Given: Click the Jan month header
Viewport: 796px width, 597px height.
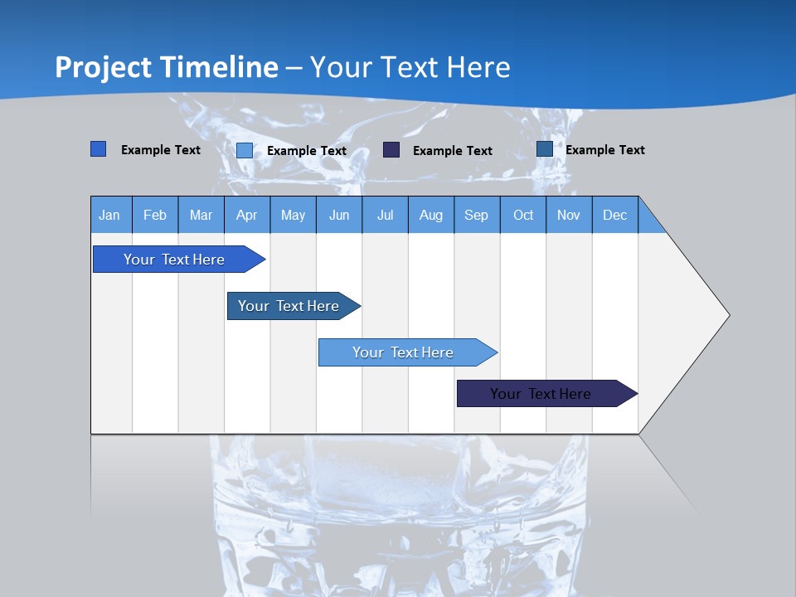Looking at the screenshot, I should click(110, 215).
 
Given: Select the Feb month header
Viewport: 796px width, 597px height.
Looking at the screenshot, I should click(155, 215).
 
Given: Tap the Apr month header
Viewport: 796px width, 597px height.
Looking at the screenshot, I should click(246, 215).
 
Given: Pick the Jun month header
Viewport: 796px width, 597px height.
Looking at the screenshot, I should click(339, 215).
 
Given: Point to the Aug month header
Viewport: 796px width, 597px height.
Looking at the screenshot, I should click(430, 215).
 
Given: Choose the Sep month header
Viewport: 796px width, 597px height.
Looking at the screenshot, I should click(476, 215).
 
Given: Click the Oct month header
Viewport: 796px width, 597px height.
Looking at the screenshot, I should click(523, 215).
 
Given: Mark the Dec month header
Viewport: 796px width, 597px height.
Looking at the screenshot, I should click(614, 215).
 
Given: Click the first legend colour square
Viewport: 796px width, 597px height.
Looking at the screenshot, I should click(98, 149).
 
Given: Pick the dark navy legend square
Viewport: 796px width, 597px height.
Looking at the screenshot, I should click(391, 150).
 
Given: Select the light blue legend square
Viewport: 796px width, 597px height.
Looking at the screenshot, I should click(245, 150).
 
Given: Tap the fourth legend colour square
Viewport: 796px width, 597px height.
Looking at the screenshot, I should click(545, 149).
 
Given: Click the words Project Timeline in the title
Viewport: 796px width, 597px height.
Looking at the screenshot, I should click(167, 67).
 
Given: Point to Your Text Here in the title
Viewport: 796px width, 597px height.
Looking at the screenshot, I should click(410, 67).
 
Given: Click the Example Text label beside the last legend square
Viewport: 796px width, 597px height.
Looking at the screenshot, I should click(604, 150).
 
